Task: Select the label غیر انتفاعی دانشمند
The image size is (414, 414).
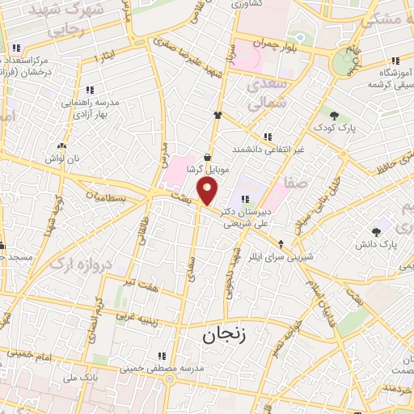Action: pos(268,150)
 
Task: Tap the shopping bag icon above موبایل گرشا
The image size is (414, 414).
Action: pos(209,158)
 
